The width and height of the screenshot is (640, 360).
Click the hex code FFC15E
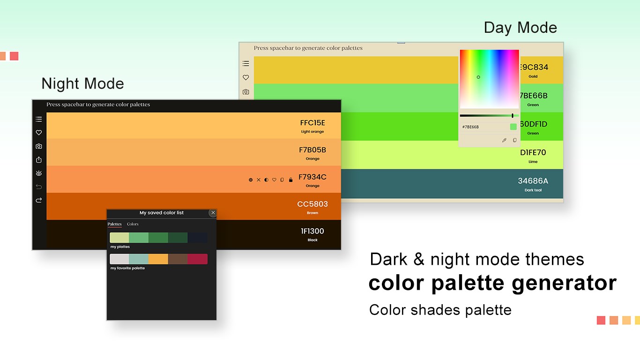313,123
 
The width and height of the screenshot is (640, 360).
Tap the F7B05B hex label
313,150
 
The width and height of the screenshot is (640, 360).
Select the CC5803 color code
313,204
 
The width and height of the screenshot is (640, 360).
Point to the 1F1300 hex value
313,231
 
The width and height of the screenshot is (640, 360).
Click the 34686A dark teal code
533,181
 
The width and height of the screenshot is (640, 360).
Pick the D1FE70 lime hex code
533,152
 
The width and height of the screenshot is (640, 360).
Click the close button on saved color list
213,213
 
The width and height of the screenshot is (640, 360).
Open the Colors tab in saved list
133,224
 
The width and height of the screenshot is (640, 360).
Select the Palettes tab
115,224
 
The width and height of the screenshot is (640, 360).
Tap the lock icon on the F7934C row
290,180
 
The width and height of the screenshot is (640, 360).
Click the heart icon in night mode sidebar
39,132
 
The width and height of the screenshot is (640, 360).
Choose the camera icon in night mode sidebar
39,146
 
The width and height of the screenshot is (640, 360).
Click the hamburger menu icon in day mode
246,63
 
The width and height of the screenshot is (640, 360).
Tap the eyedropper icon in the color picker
504,140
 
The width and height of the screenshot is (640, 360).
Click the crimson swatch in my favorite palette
197,259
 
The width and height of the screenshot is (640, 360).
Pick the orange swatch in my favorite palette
158,259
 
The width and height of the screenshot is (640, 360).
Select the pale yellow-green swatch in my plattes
119,238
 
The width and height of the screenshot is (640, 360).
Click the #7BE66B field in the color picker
484,127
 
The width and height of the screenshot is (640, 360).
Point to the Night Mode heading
82,83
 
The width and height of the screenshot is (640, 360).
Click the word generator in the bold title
564,283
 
